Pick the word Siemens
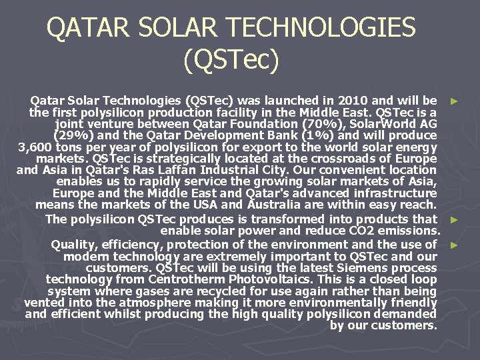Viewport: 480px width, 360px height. pyautogui.click(x=365, y=267)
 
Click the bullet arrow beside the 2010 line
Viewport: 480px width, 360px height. pyautogui.click(x=454, y=101)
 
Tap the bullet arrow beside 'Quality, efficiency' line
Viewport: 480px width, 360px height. pyautogui.click(x=454, y=245)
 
